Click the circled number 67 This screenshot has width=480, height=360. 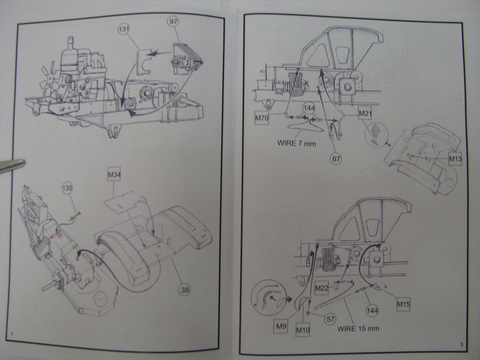point(336,158)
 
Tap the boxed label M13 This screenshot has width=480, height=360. point(455,159)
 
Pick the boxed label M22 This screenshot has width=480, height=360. point(322,288)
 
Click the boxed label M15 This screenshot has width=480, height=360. point(403,304)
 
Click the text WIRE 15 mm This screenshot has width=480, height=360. point(358,328)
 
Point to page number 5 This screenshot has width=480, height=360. point(462,345)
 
